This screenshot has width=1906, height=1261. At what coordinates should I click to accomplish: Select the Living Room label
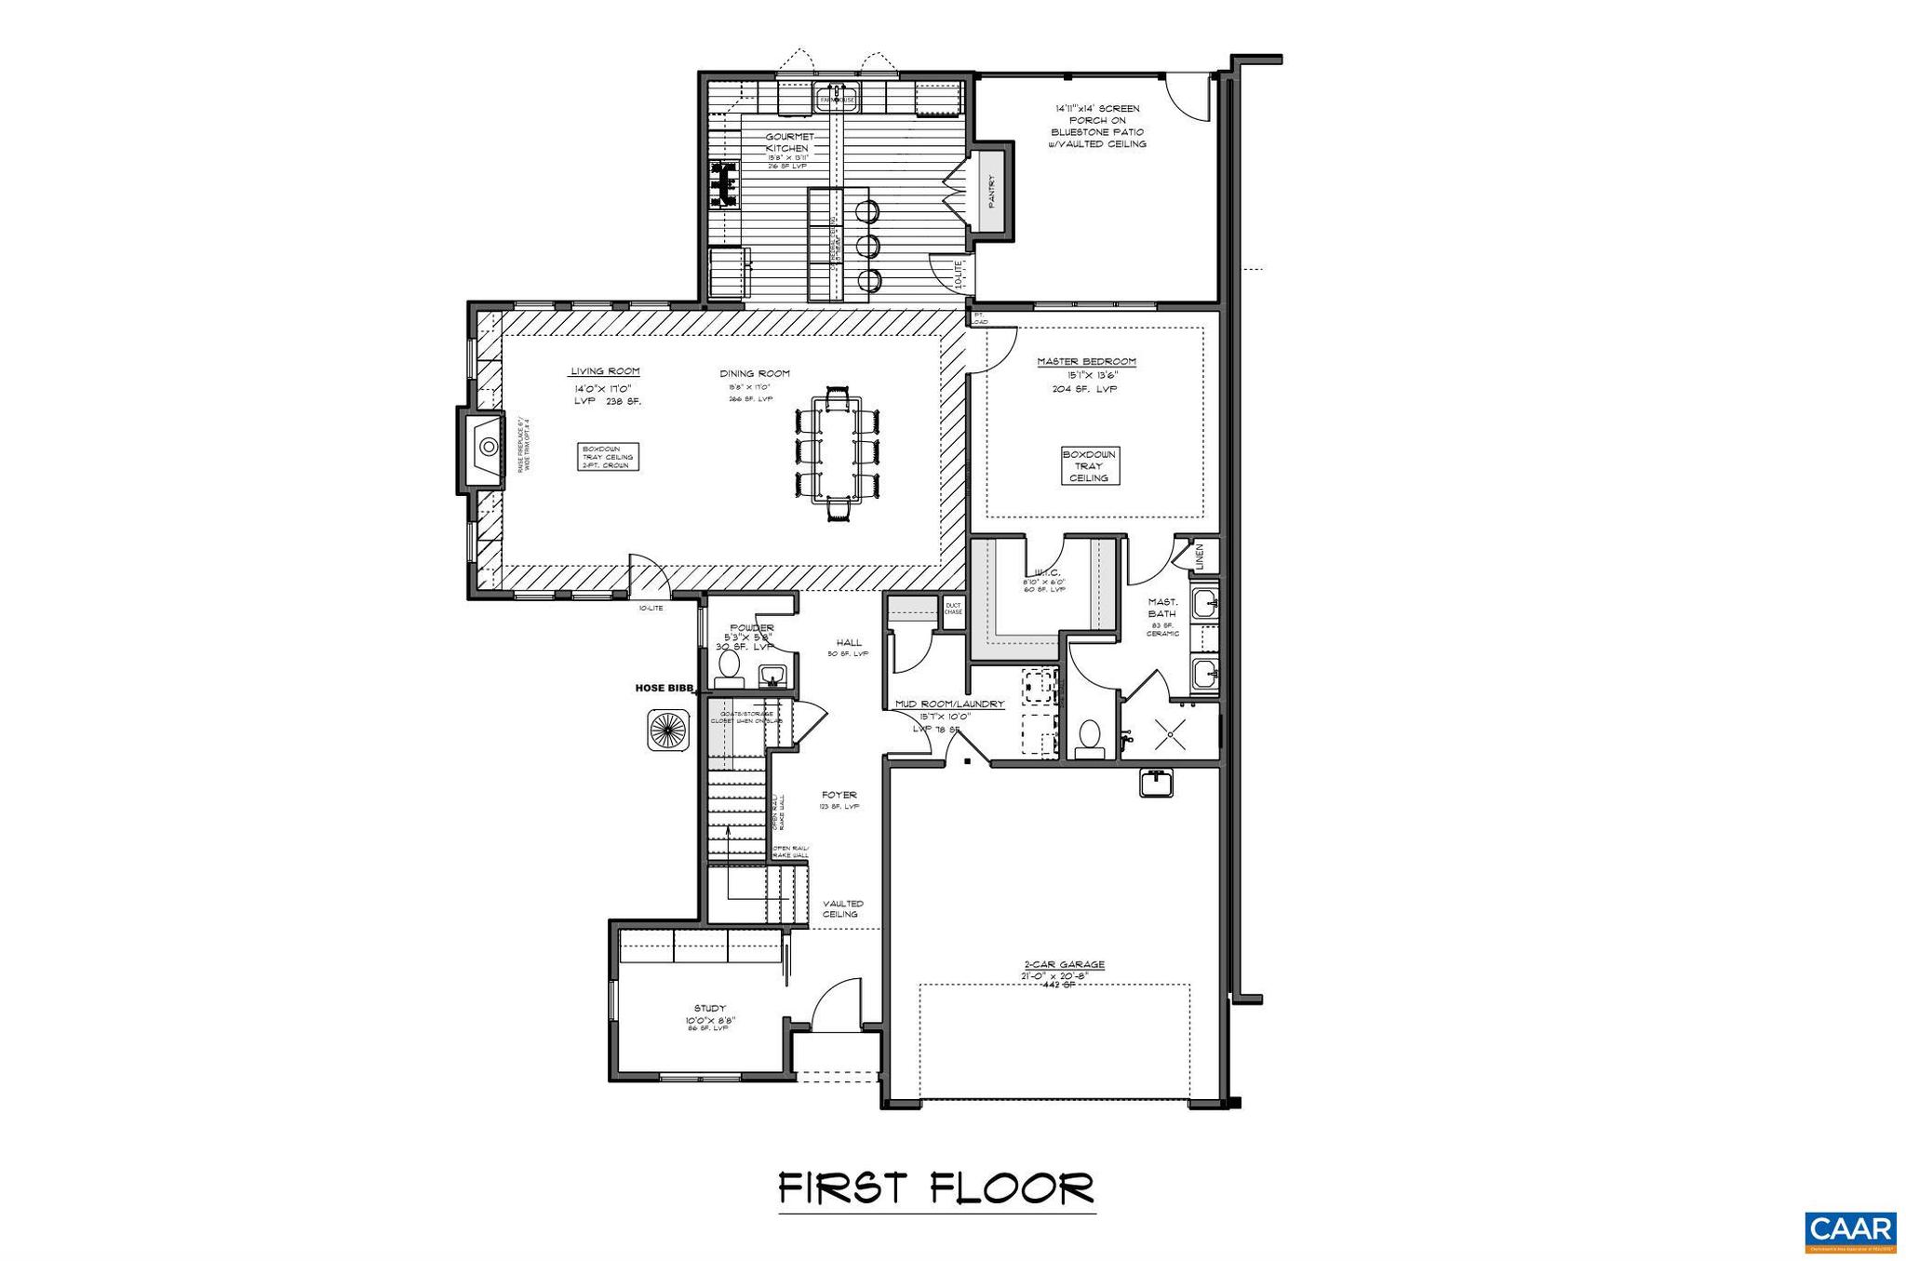pyautogui.click(x=605, y=371)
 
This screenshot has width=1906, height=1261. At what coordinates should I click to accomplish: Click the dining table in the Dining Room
pyautogui.click(x=838, y=448)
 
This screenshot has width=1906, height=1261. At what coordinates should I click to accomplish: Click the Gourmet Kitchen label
pyautogui.click(x=788, y=142)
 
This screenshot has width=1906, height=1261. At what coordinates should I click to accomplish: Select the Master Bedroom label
pyautogui.click(x=1087, y=361)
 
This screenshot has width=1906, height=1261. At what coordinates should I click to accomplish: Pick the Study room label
pyautogui.click(x=709, y=1008)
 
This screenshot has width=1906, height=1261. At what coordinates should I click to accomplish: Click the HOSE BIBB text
pyautogui.click(x=664, y=688)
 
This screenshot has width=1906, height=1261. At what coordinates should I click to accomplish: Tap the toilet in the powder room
pyautogui.click(x=728, y=665)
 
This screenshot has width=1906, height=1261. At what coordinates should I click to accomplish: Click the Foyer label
pyautogui.click(x=839, y=795)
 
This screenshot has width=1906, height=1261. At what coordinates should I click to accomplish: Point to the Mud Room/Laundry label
pyautogui.click(x=949, y=704)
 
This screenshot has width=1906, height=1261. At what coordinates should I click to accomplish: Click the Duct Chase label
pyautogui.click(x=953, y=609)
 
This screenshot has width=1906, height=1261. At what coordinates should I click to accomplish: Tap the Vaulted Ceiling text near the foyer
pyautogui.click(x=842, y=908)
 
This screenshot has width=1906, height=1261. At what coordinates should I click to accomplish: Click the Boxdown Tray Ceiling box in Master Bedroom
pyautogui.click(x=1089, y=465)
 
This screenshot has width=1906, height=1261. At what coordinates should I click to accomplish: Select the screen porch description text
pyautogui.click(x=1097, y=127)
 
